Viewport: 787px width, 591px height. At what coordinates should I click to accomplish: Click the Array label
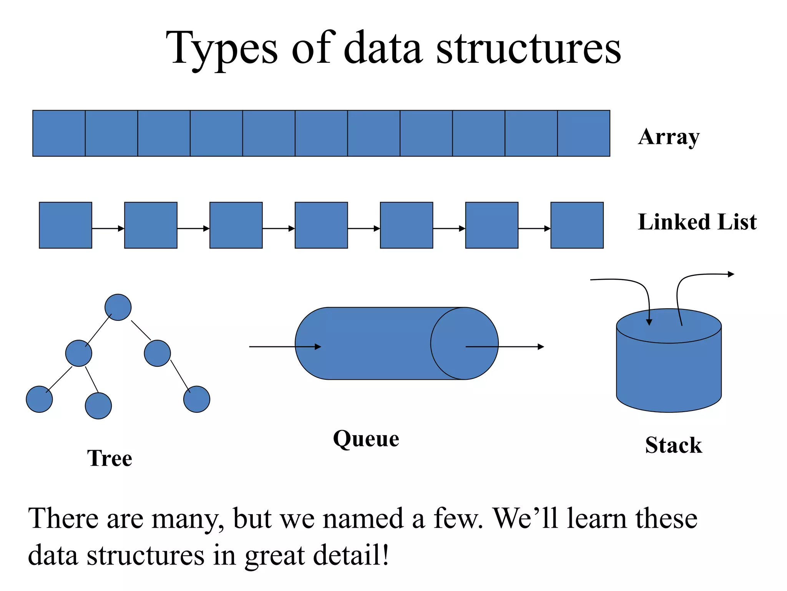tap(669, 137)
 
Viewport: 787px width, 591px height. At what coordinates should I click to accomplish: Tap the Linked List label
tap(697, 222)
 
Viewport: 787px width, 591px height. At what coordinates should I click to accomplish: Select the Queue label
tap(366, 439)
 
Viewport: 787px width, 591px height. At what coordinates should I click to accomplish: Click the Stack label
tap(673, 445)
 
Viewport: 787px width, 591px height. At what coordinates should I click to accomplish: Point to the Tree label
tap(110, 458)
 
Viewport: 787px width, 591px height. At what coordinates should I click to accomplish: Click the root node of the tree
tap(118, 307)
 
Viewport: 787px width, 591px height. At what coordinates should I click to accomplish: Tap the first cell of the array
tap(59, 133)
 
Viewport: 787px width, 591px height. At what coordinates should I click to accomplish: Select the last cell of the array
tap(583, 133)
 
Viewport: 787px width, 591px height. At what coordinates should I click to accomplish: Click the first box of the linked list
tap(65, 225)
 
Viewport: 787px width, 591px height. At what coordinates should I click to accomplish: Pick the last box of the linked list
tap(577, 225)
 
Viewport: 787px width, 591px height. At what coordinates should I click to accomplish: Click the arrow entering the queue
tap(284, 347)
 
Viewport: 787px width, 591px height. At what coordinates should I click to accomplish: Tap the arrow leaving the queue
tap(507, 347)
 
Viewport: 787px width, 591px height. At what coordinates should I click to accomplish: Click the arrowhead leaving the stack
tap(731, 274)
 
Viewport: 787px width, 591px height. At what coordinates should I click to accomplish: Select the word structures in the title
tap(528, 49)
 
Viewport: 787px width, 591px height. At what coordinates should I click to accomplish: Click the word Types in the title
tap(222, 49)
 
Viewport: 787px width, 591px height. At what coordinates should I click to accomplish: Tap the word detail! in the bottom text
tap(351, 555)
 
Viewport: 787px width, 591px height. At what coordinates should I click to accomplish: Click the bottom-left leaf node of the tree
tap(39, 399)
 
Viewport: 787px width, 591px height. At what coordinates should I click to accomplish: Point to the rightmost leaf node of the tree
tap(197, 399)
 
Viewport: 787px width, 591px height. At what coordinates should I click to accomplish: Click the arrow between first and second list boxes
tap(108, 229)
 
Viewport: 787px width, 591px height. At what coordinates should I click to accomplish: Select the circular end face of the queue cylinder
tap(464, 344)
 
